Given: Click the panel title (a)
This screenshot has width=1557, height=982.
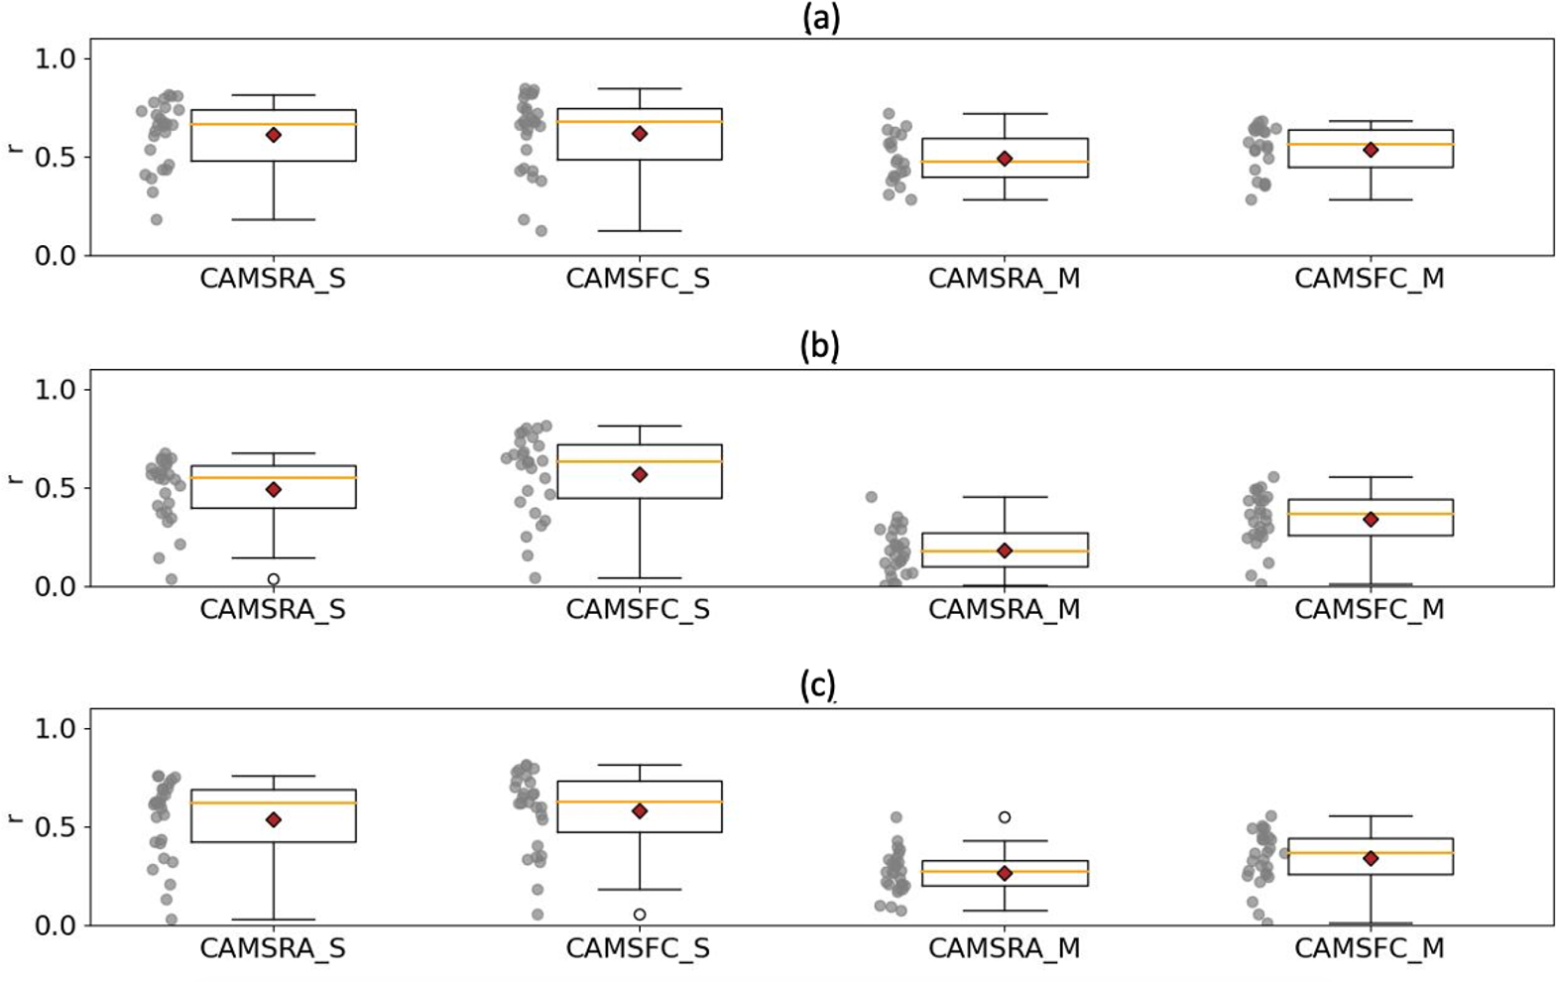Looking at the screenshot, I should [x=821, y=19].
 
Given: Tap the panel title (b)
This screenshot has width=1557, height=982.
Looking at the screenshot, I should [x=819, y=346].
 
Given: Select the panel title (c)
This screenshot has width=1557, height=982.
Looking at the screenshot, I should [x=817, y=685].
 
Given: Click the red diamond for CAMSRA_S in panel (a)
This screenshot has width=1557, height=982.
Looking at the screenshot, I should [x=274, y=135].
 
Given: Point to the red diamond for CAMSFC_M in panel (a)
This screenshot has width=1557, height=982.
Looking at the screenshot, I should [x=1371, y=150].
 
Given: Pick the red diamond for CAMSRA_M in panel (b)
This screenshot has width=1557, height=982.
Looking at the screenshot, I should [x=1005, y=551].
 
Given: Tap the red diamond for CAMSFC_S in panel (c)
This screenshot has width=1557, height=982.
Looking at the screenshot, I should [x=640, y=811].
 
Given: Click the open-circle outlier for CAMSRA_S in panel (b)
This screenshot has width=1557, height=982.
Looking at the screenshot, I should [x=274, y=579].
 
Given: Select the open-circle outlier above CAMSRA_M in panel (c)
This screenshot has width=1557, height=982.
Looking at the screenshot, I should [x=1005, y=817].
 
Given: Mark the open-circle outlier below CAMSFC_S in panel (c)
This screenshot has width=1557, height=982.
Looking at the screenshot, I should [x=640, y=915].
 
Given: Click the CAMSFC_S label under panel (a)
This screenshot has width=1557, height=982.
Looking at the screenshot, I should [x=638, y=279].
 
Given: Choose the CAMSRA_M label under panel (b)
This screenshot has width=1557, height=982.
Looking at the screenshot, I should [x=1004, y=609].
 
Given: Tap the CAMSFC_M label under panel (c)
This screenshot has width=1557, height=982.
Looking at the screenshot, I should [x=1370, y=948].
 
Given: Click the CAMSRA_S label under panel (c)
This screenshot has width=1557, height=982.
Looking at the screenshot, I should [x=273, y=948].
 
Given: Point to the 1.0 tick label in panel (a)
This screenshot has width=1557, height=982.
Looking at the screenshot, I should [x=56, y=59].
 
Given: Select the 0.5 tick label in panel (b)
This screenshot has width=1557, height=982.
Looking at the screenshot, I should [x=56, y=488].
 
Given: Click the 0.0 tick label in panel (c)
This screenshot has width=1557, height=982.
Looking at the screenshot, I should [x=56, y=925].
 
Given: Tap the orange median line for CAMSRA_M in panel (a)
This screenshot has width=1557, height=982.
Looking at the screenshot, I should [x=1005, y=162].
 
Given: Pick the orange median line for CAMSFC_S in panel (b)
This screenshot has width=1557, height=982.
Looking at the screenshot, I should [x=640, y=461].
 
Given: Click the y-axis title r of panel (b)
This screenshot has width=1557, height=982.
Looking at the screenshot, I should [x=15, y=480].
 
